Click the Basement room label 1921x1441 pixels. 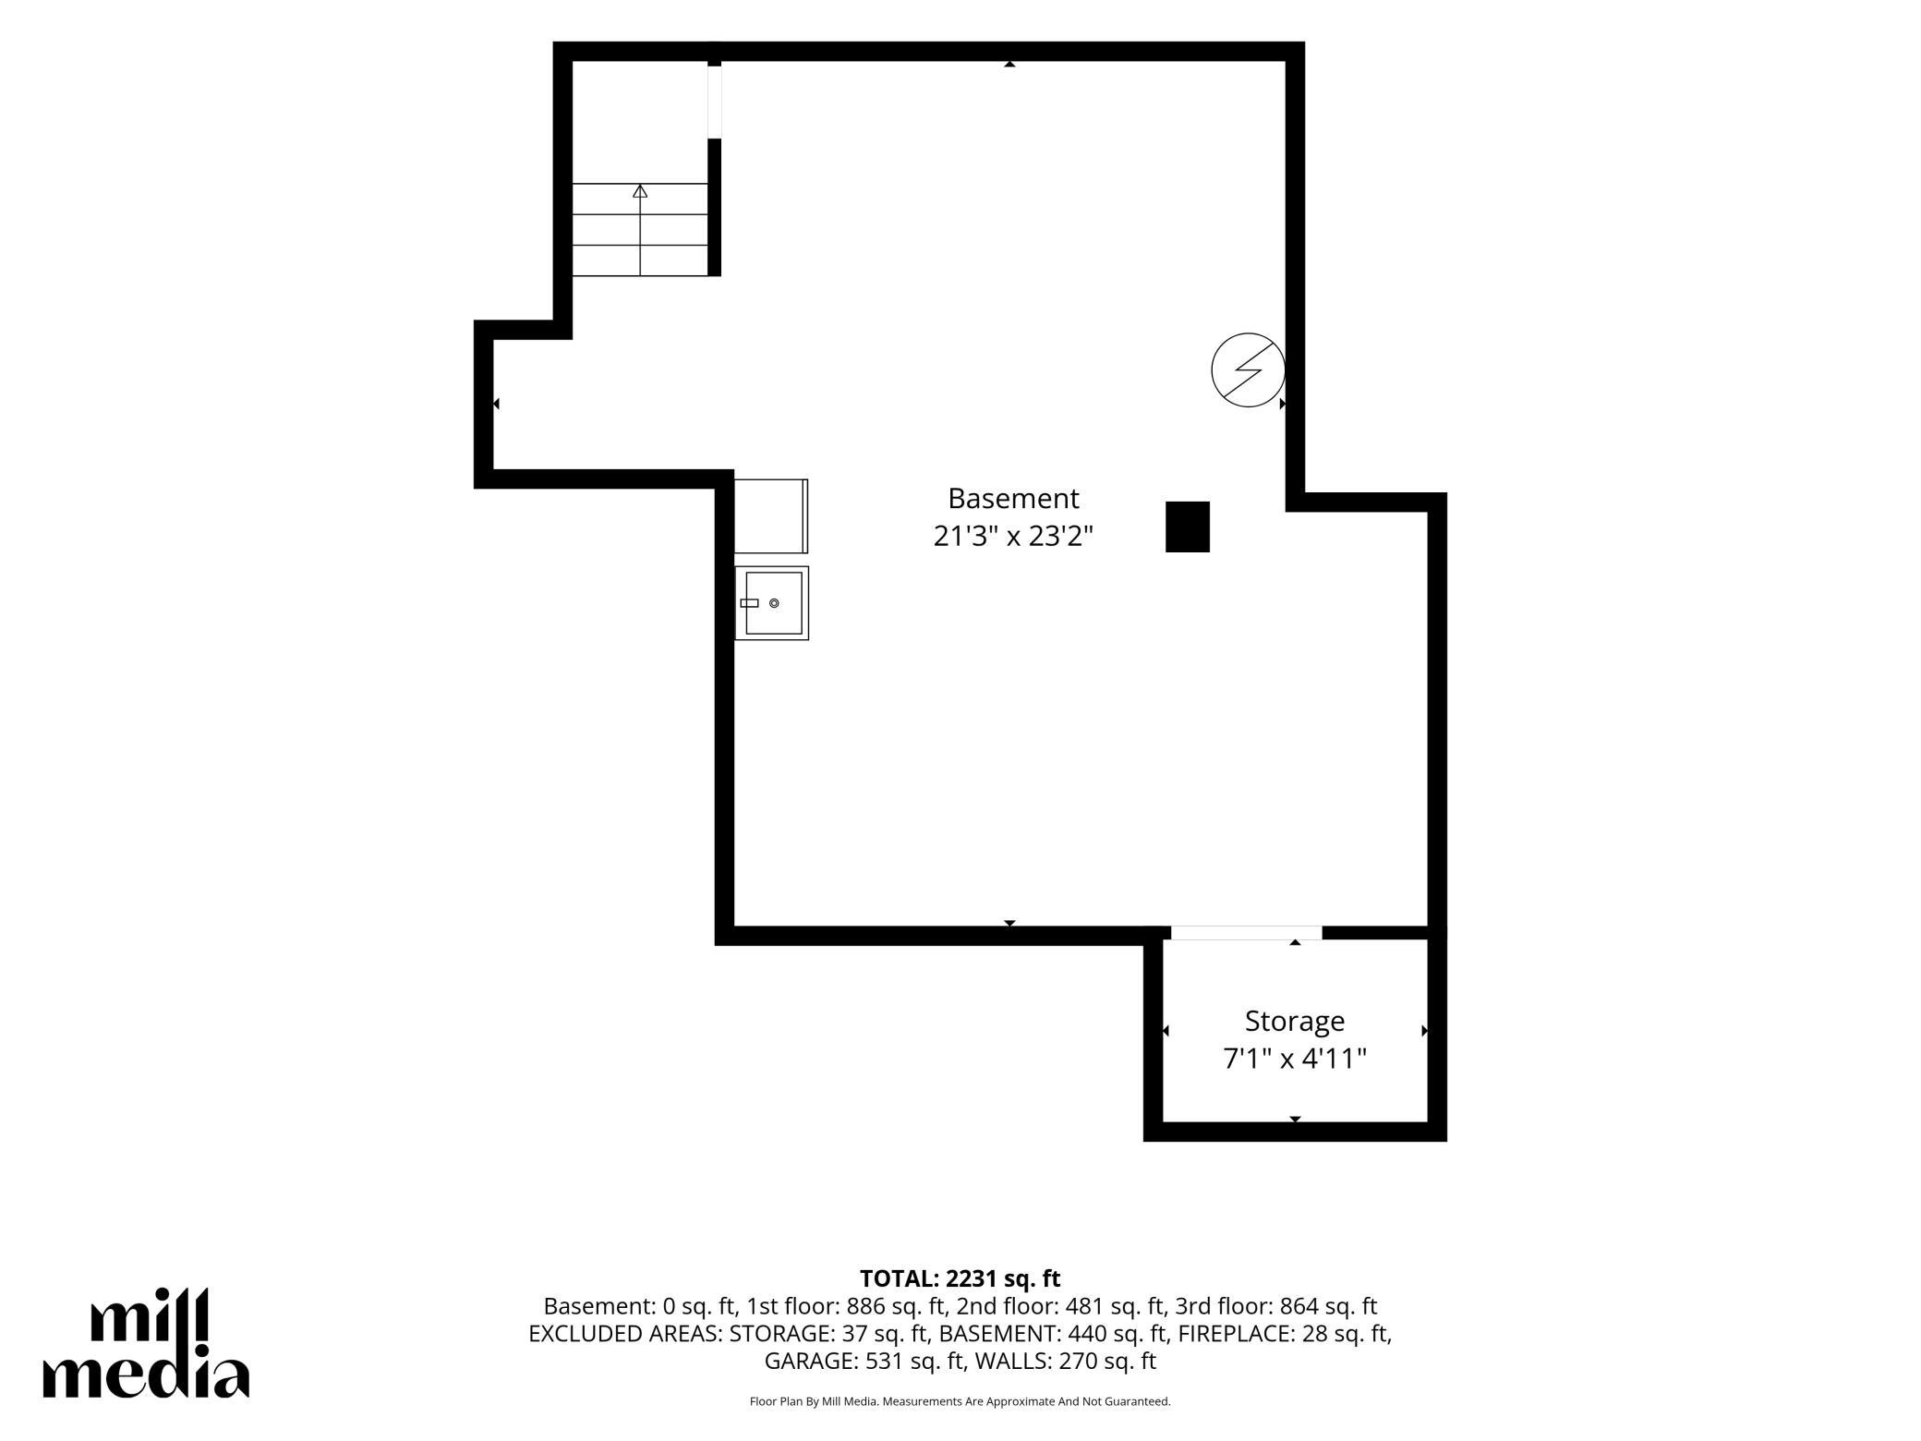(1013, 499)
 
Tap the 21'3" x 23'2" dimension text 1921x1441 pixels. (1013, 536)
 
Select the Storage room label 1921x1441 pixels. (1295, 1021)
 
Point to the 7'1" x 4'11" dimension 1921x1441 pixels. (1295, 1058)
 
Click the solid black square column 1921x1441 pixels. (1188, 527)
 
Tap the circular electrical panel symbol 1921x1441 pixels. (1249, 369)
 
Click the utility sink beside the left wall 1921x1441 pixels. (772, 603)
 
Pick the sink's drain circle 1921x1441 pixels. (774, 603)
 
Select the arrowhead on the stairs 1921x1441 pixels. (640, 191)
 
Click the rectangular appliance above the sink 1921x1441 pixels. (771, 515)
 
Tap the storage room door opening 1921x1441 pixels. (1247, 933)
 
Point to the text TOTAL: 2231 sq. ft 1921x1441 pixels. (960, 1278)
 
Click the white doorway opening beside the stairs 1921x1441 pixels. (715, 102)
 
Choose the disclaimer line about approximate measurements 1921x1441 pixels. (960, 1401)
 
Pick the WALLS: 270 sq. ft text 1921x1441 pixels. (1066, 1361)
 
